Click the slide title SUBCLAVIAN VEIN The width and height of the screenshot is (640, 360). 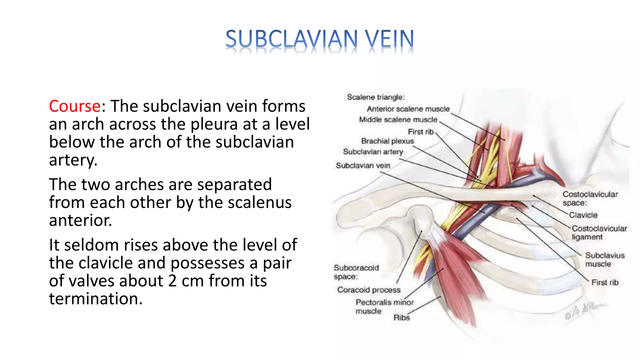coord(319,39)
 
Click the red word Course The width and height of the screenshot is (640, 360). coord(75,106)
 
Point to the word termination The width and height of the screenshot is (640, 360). coord(96,299)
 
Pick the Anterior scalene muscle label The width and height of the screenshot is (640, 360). coord(408,109)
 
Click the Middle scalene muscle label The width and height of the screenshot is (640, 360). coord(398,120)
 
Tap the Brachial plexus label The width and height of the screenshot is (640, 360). coord(387,141)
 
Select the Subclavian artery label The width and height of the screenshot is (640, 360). coord(373,152)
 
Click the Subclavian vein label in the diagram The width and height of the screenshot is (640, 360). coord(363,165)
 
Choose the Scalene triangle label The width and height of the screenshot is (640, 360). coord(376,97)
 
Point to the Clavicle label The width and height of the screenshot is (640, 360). coord(583,215)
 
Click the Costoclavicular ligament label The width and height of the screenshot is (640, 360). coord(599,232)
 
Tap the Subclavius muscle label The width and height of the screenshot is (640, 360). coord(604,260)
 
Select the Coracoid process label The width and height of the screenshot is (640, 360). coord(369,290)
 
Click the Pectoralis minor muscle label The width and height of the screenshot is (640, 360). coord(384,307)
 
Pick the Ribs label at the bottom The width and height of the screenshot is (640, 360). coord(401,318)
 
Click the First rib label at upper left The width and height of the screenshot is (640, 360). coord(421,132)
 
